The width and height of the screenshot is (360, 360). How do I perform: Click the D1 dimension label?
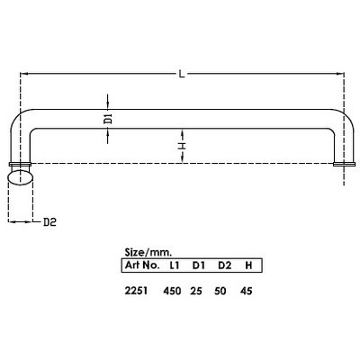click(107, 118)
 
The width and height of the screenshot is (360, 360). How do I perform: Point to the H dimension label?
click(181, 143)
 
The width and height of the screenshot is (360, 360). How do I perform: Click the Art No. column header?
click(139, 265)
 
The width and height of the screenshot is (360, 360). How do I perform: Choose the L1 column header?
click(175, 265)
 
